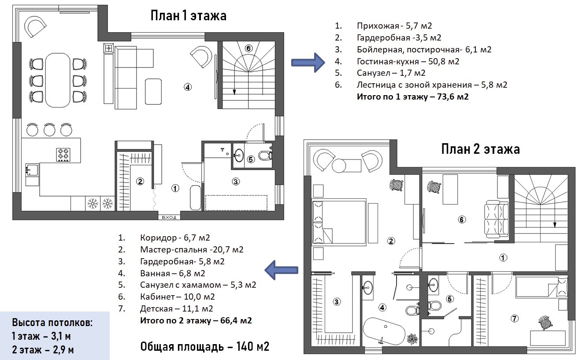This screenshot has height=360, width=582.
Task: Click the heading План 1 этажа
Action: [x=189, y=15]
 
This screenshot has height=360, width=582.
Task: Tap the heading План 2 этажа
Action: [x=480, y=149]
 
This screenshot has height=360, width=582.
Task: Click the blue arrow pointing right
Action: [x=308, y=63]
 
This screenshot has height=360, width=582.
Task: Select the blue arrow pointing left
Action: [x=282, y=270]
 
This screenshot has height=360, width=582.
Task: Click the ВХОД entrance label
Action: [x=169, y=218]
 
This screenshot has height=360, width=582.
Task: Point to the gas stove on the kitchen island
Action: [x=63, y=155]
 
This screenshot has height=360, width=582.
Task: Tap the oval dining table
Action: [x=58, y=80]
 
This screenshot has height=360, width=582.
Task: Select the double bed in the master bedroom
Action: [x=339, y=222]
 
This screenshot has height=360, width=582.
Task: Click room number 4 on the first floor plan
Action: [x=188, y=87]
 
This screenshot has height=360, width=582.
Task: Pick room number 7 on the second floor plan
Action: [x=515, y=319]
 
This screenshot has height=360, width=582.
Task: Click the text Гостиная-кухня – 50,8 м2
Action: [x=408, y=62]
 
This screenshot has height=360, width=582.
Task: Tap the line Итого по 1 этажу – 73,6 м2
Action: [x=412, y=96]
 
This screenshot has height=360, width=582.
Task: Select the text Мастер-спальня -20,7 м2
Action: [x=192, y=249]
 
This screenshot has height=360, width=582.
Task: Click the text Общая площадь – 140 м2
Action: [x=205, y=346]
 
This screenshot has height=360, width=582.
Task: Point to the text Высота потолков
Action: [x=52, y=323]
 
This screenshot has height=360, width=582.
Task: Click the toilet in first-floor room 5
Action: [x=265, y=156]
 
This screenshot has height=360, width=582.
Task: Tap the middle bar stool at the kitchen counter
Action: [x=49, y=129]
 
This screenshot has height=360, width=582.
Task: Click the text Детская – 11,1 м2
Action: [x=176, y=308]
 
